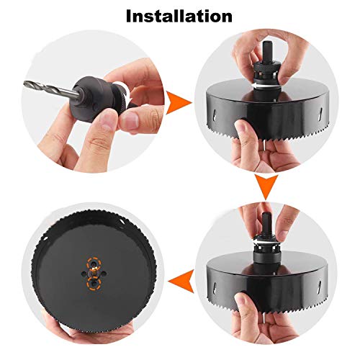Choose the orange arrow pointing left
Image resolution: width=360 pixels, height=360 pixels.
click(x=181, y=273)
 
